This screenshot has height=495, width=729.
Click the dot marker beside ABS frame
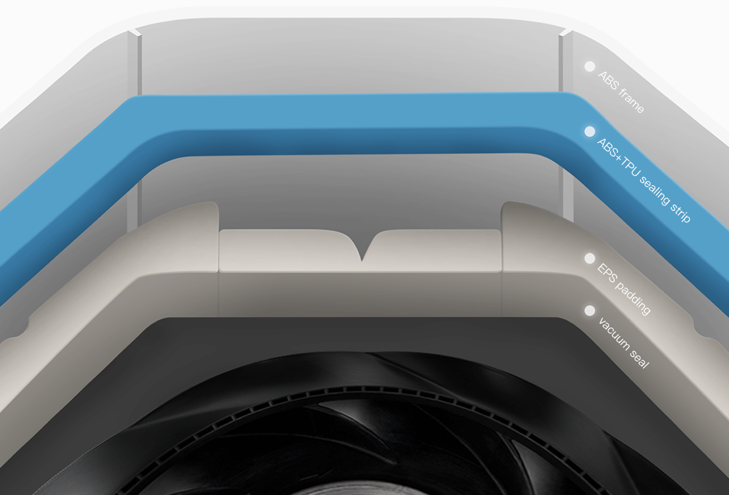589,67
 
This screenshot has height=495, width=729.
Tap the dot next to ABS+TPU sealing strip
589,131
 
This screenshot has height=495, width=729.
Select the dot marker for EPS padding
589,258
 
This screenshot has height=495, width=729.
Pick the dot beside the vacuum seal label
589,310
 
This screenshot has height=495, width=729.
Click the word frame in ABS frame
632,101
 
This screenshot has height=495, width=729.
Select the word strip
680,212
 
